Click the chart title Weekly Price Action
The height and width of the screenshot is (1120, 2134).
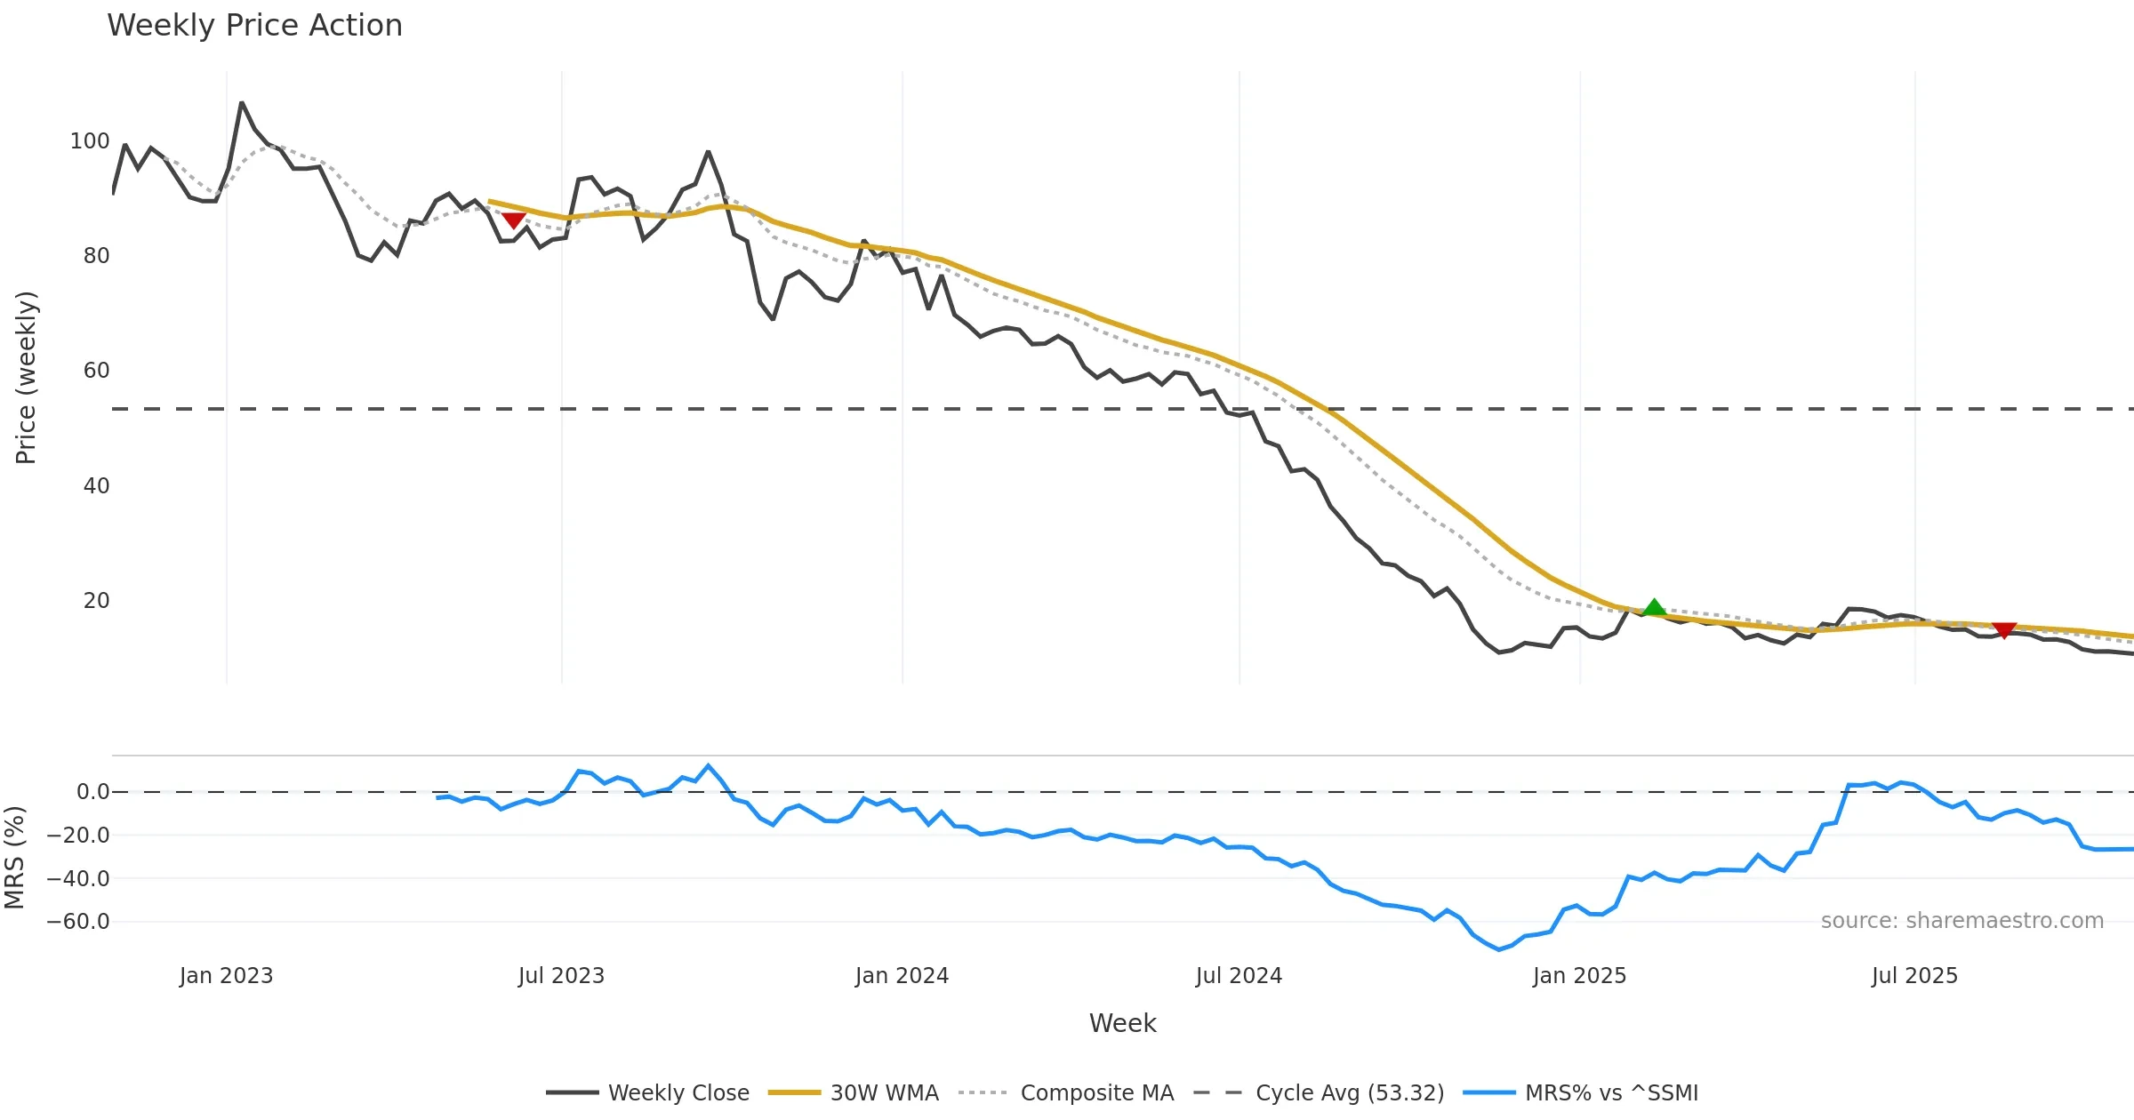[254, 26]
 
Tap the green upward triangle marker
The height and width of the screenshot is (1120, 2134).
[1654, 608]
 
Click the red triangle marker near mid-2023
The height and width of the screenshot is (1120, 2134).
[513, 220]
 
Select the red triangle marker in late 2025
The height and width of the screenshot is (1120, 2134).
[2004, 630]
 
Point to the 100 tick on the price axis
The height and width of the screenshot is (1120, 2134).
[90, 141]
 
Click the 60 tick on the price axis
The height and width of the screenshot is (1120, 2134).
[96, 371]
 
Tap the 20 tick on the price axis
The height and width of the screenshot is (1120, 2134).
[96, 601]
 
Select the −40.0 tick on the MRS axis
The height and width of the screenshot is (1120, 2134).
[78, 879]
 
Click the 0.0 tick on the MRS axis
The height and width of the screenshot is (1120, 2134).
[92, 792]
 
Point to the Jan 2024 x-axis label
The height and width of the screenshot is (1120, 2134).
[902, 976]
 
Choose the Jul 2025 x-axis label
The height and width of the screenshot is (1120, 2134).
[1914, 976]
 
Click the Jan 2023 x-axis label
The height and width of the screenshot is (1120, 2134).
[226, 976]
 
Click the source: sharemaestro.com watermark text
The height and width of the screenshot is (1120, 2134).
[1962, 921]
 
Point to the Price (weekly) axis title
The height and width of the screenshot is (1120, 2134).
[26, 378]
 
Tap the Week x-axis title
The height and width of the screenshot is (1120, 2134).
[1122, 1024]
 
